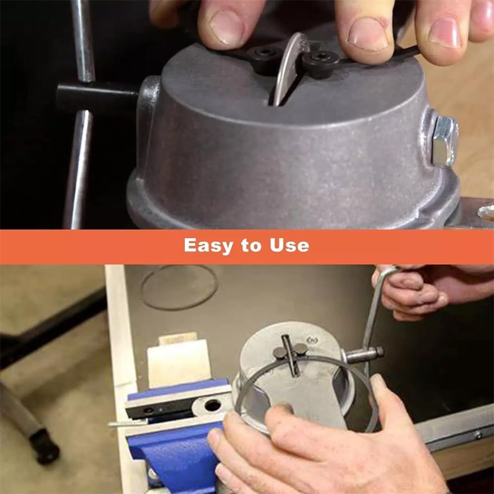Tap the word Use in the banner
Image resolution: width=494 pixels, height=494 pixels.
(289, 246)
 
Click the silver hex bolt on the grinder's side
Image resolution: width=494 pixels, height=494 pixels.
(444, 140)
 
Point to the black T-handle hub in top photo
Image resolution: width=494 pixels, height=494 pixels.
(96, 96)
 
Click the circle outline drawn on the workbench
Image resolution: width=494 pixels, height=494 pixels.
(179, 287)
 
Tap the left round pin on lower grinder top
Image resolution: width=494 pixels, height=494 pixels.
(280, 352)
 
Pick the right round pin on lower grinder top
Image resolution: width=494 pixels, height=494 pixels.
(301, 349)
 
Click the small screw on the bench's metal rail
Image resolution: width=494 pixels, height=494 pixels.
(477, 435)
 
